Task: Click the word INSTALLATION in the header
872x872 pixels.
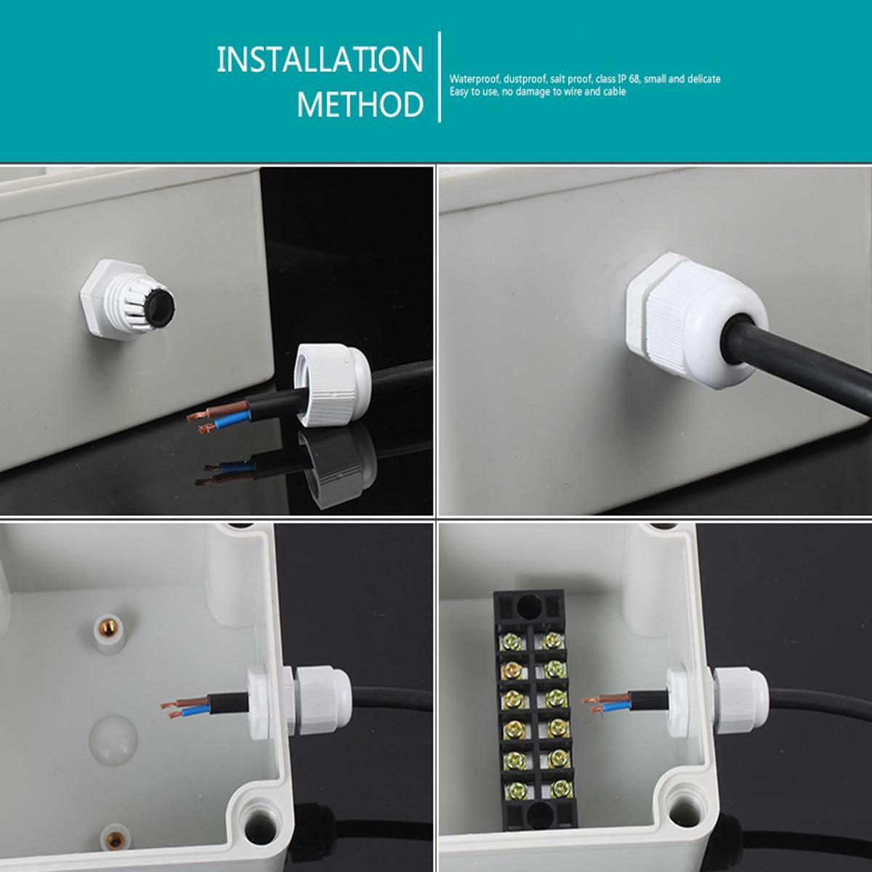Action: point(320,60)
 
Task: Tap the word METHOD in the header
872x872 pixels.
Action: point(360,105)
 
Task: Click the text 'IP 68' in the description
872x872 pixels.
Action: point(627,78)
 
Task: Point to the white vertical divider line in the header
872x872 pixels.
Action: point(440,77)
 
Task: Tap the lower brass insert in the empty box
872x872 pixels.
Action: point(116,840)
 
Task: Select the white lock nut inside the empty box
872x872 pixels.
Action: point(259,702)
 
